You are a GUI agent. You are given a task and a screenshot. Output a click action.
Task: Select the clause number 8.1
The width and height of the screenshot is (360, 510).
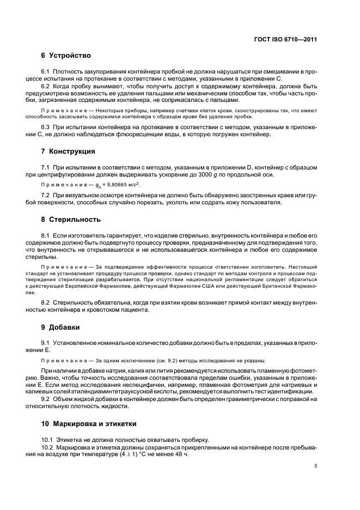[x=47, y=234]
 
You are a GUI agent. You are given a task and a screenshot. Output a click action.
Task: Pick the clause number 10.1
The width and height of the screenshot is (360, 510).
[x=49, y=439]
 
